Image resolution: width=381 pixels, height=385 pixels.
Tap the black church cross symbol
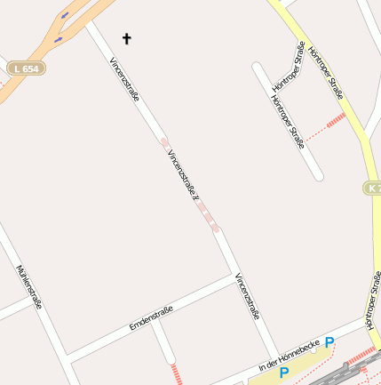coord(126,38)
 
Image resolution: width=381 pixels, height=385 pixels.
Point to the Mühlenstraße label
coord(29,286)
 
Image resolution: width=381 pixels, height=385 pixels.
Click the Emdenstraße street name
coord(150,317)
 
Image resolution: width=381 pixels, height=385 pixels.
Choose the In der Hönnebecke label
coord(288,356)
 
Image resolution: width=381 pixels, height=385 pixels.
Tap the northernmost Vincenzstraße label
coord(124,80)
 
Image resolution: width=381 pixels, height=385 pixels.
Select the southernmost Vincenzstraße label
coord(248,296)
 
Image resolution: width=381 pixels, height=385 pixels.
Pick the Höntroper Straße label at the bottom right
coord(373,307)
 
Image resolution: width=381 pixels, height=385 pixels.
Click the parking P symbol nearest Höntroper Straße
coord(329,342)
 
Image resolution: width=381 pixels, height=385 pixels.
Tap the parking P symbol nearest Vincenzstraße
coord(284,373)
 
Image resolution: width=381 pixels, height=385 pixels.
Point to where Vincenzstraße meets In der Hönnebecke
coord(277,357)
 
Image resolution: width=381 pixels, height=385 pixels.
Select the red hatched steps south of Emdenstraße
coord(175,373)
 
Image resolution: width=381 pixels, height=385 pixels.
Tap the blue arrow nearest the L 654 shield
coord(59,39)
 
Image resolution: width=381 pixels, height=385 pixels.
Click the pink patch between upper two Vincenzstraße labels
coord(164,142)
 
